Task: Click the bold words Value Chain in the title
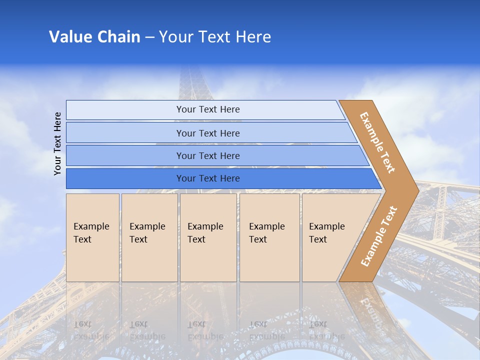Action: [94, 37]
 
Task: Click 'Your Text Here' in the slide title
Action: [215, 37]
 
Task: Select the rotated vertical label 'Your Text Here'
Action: [57, 143]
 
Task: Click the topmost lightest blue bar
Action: [125, 110]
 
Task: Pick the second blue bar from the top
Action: [125, 133]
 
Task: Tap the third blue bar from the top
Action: [125, 155]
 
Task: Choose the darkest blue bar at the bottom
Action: [125, 178]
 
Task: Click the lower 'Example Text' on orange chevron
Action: [379, 236]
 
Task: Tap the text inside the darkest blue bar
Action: [208, 178]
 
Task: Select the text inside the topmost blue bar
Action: [208, 109]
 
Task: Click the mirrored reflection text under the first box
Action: [91, 330]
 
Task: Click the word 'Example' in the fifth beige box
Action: [326, 226]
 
